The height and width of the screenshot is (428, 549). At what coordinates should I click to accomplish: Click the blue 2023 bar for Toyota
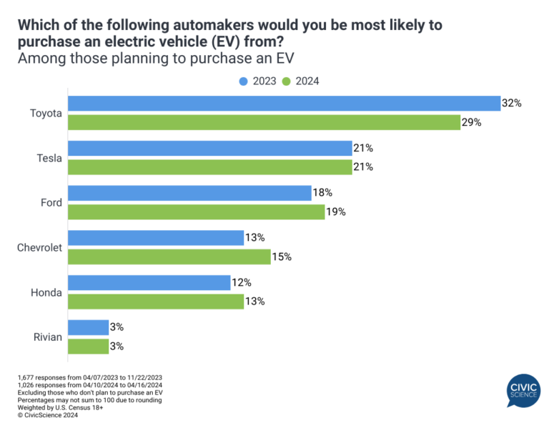tap(283, 104)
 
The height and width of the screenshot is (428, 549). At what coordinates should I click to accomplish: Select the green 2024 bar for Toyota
tap(263, 122)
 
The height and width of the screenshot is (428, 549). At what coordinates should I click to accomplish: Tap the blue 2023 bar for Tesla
tap(209, 149)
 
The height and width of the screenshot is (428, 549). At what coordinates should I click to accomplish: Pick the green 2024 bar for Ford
tap(196, 211)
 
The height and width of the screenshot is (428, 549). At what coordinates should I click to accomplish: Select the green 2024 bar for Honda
tap(155, 301)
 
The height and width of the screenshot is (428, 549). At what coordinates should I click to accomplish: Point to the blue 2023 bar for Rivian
tap(87, 327)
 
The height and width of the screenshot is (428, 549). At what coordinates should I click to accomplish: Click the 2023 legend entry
tap(258, 81)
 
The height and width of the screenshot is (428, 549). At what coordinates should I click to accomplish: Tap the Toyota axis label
tap(46, 113)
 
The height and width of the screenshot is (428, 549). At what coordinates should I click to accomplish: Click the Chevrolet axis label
tap(40, 247)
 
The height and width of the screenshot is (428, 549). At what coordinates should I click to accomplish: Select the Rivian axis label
tap(48, 337)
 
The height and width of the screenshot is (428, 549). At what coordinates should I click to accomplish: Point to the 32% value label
tap(512, 104)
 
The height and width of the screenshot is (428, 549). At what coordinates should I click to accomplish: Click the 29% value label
tap(472, 122)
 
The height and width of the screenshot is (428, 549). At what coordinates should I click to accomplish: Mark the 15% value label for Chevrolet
tap(282, 257)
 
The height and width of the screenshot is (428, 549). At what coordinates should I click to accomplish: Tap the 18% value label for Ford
tap(322, 193)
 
